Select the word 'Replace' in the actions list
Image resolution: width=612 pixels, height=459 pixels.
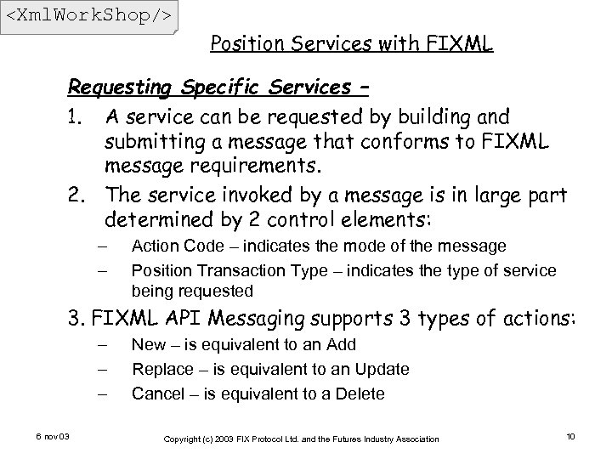coord(163,369)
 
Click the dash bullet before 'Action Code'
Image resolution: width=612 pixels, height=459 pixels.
coord(102,246)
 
